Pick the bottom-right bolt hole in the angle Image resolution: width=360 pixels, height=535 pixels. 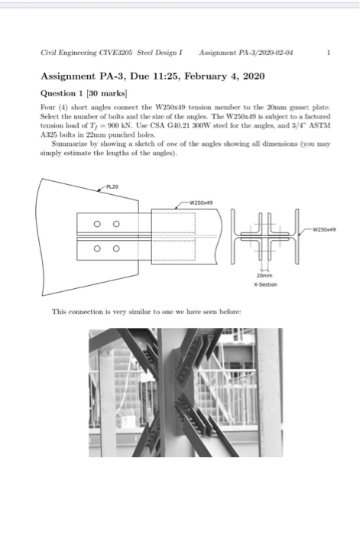click(115, 248)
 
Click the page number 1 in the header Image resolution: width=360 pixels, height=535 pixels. click(327, 54)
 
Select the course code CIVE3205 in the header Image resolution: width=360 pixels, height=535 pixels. click(112, 54)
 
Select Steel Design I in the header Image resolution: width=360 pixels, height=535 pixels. click(161, 54)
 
